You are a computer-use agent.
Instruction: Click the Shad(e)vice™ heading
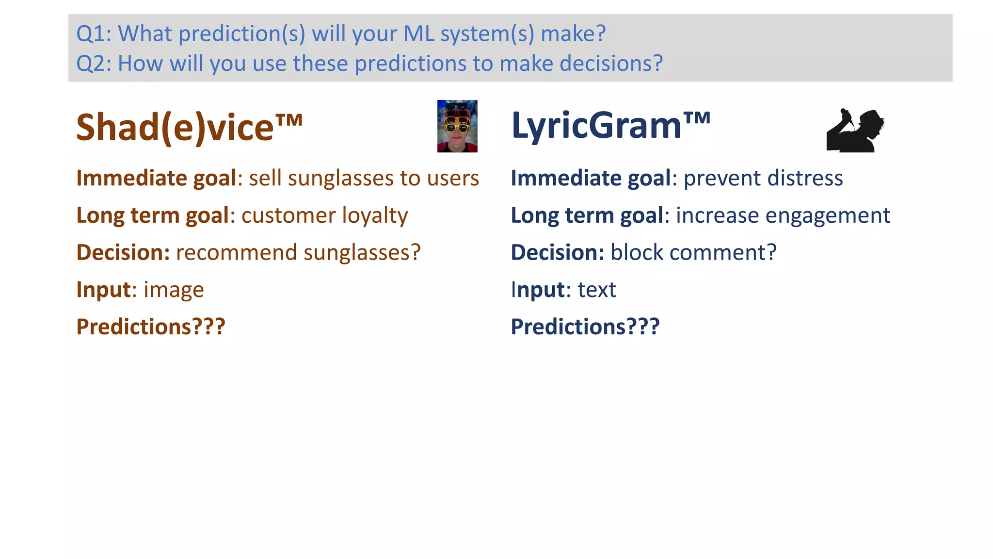tap(189, 127)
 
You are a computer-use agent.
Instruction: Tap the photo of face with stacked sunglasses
tap(457, 126)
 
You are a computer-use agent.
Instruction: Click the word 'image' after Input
tap(174, 290)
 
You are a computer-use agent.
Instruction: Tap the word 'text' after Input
tap(596, 290)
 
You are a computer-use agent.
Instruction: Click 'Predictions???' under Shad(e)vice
tap(151, 327)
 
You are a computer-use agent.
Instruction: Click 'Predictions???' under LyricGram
tap(585, 327)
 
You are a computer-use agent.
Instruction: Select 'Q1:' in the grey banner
tap(94, 34)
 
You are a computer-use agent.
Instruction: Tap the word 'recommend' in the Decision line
tap(236, 253)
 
